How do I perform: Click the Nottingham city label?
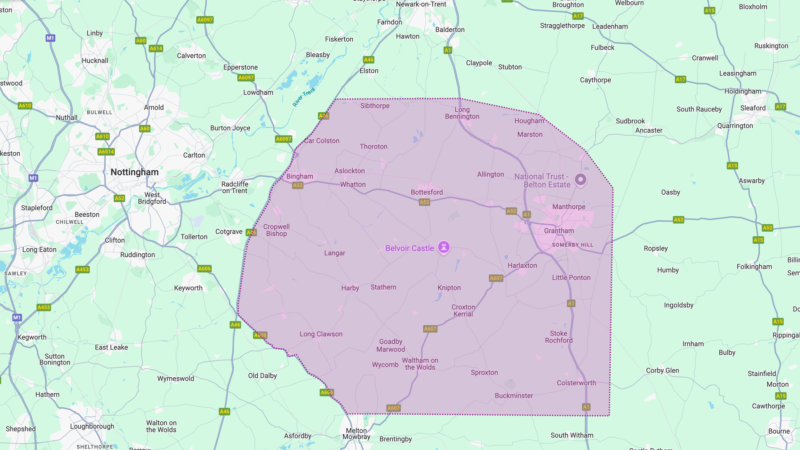click(134, 172)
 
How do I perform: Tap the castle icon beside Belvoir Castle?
click(444, 247)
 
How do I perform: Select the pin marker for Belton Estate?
click(580, 179)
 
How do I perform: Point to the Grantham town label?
click(559, 231)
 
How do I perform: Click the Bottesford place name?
click(427, 192)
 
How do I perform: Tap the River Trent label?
click(304, 97)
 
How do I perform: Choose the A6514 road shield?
click(106, 152)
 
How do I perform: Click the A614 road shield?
click(156, 49)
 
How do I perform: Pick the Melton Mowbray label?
click(356, 434)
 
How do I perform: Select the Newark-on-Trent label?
click(421, 4)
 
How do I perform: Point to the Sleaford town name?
click(753, 108)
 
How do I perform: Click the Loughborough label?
click(92, 426)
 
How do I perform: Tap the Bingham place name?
click(300, 176)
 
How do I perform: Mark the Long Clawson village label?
click(321, 334)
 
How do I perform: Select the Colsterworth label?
click(576, 383)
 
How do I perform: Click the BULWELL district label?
click(100, 112)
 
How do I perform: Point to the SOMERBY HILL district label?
click(572, 245)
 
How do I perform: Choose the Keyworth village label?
click(188, 288)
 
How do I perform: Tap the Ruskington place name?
click(771, 46)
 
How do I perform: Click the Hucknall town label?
click(95, 60)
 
